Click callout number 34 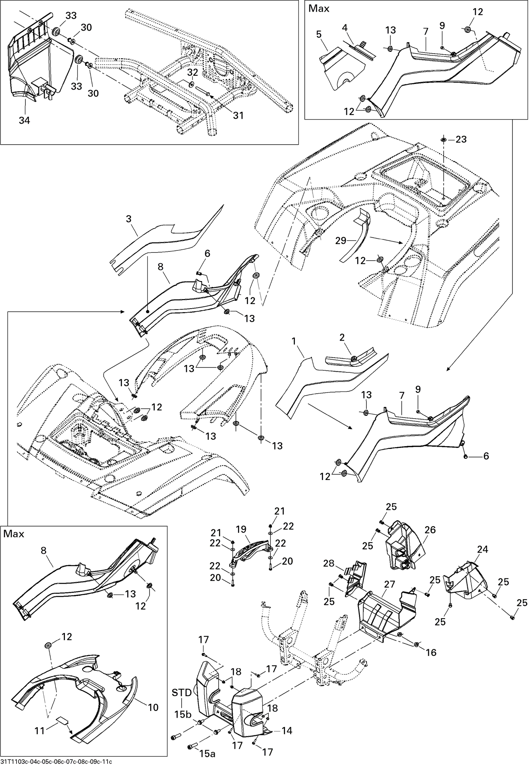pyautogui.click(x=24, y=121)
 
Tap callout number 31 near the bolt pyautogui.click(x=238, y=115)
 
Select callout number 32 pyautogui.click(x=192, y=72)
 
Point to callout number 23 pyautogui.click(x=461, y=139)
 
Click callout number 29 pyautogui.click(x=341, y=241)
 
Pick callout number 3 pyautogui.click(x=129, y=219)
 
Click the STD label pyautogui.click(x=182, y=693)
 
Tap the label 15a pyautogui.click(x=207, y=752)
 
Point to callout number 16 pyautogui.click(x=431, y=652)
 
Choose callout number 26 pyautogui.click(x=430, y=530)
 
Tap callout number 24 pyautogui.click(x=482, y=549)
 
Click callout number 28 pyautogui.click(x=329, y=564)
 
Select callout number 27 pyautogui.click(x=389, y=584)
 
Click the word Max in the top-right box pyautogui.click(x=319, y=8)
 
